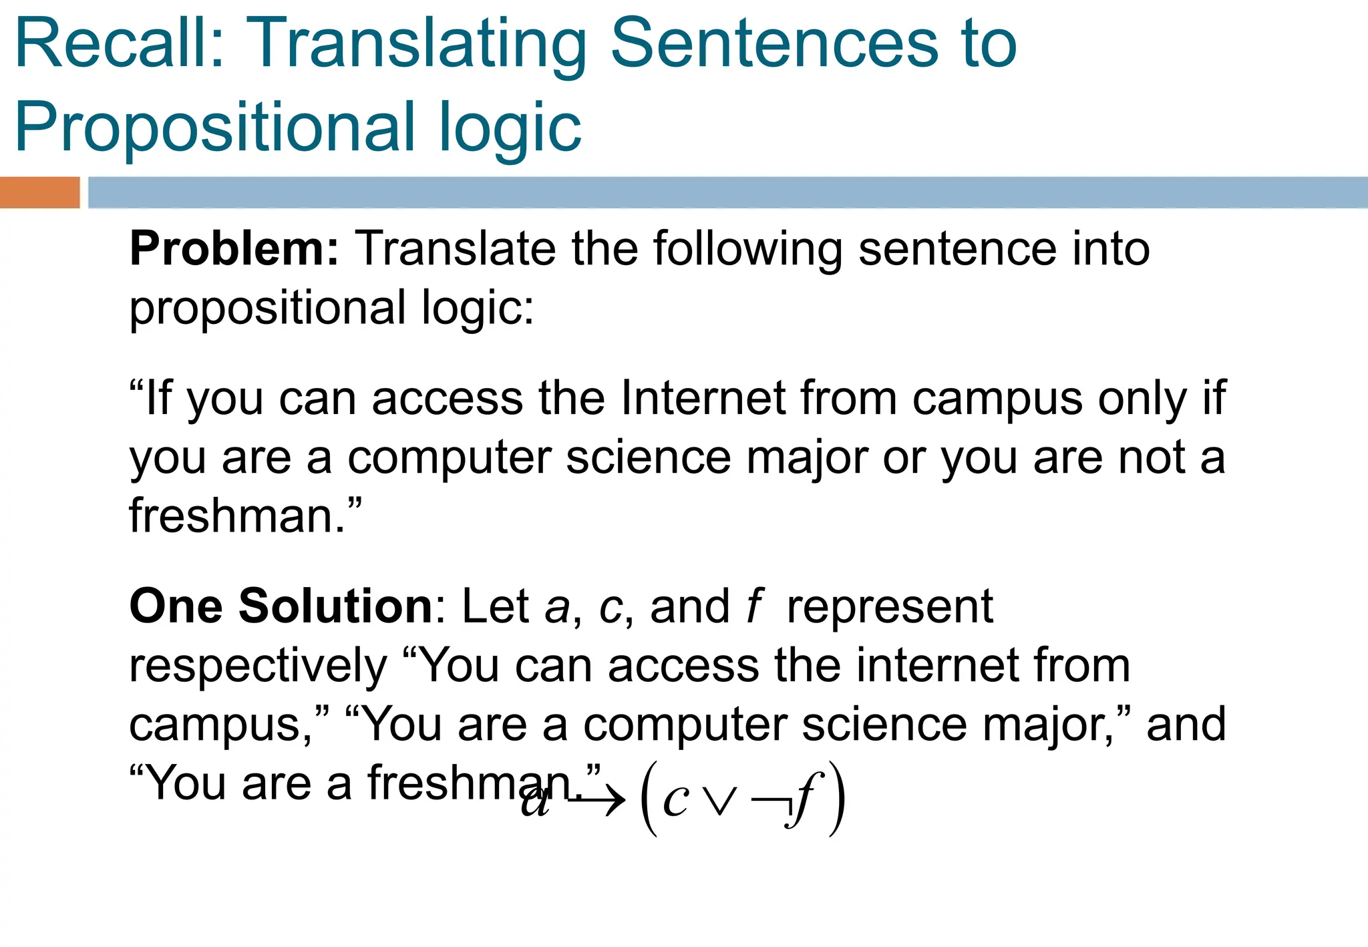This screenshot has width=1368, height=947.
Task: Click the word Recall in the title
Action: (119, 44)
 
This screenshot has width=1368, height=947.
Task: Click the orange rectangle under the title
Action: (39, 192)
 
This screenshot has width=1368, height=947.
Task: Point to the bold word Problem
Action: (234, 249)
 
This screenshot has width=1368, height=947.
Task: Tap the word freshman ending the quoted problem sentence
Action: (237, 516)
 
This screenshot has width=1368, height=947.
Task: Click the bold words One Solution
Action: (281, 606)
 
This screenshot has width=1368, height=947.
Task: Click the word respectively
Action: (258, 666)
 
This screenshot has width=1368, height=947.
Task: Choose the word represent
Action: (890, 606)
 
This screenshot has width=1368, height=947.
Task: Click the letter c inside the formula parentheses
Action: (675, 800)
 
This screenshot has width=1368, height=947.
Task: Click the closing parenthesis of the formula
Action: (836, 799)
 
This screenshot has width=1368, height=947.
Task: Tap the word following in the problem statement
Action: (747, 249)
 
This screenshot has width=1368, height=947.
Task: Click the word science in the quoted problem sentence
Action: (648, 458)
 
